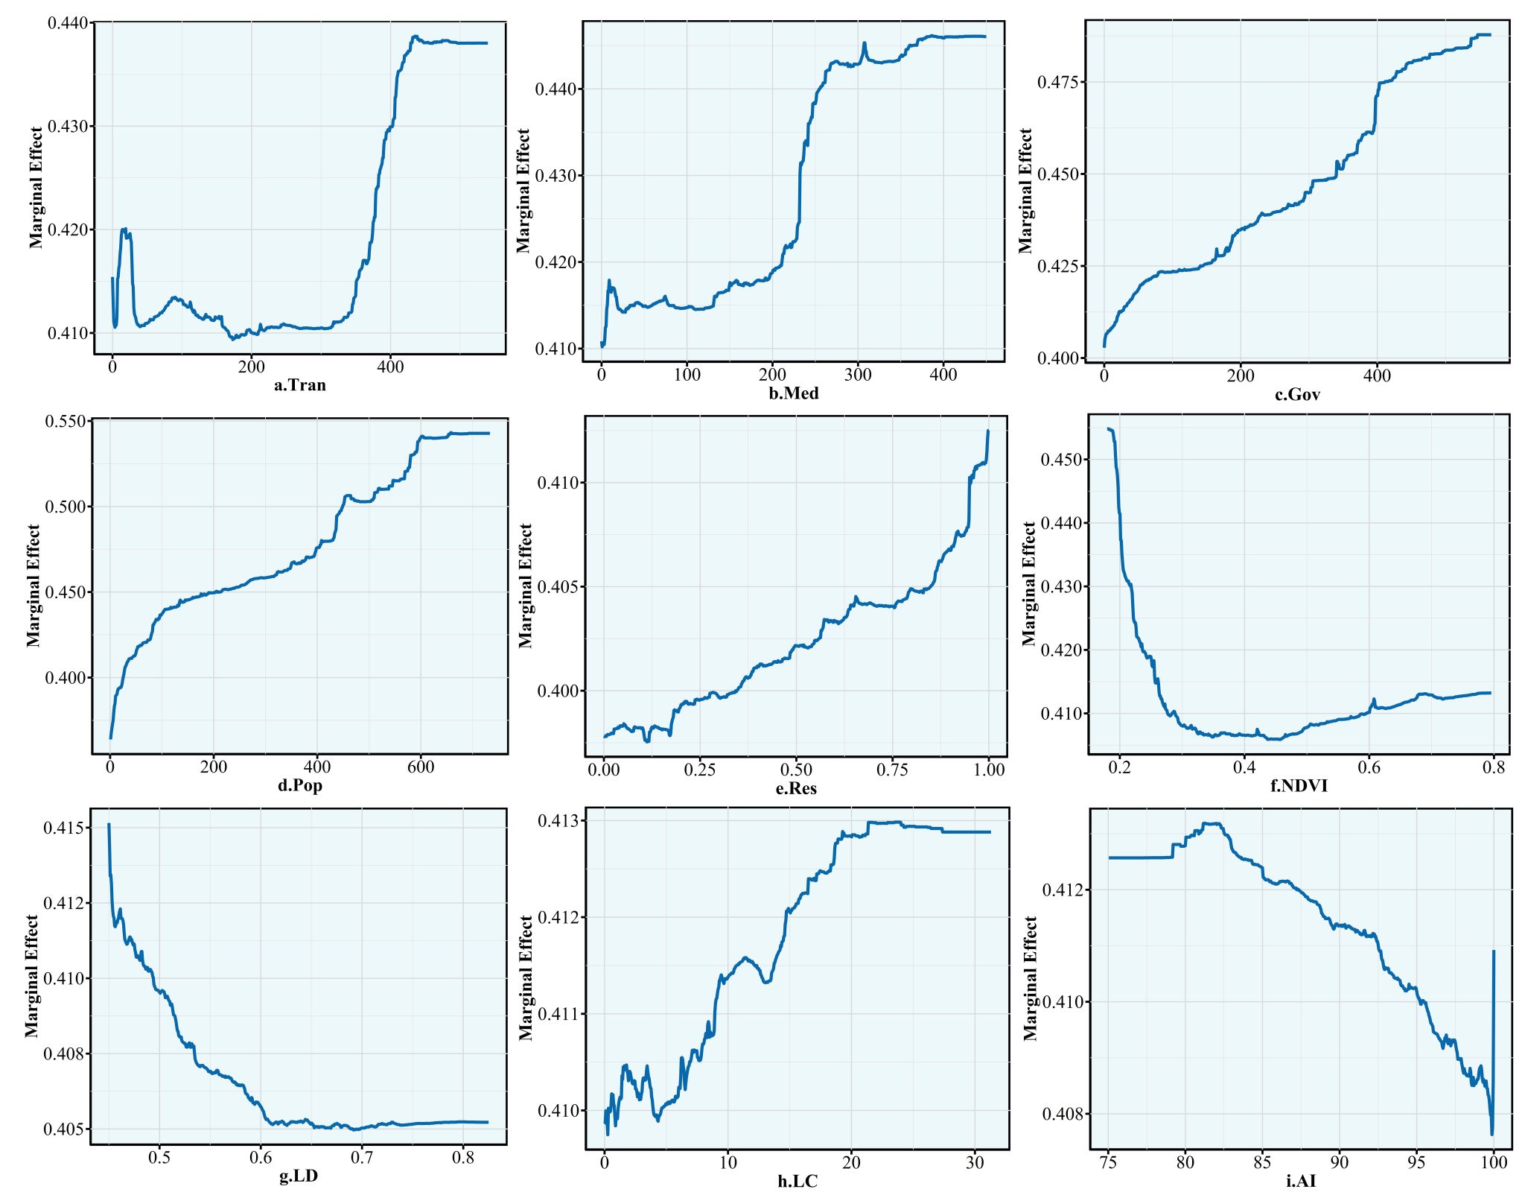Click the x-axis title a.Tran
[x=300, y=385]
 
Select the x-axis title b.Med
[x=794, y=393]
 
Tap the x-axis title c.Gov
[x=1297, y=395]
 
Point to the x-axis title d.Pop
[x=300, y=785]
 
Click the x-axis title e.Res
[x=796, y=788]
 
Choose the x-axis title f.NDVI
[x=1299, y=785]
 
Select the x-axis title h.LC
[x=797, y=1181]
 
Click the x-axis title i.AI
[x=1300, y=1181]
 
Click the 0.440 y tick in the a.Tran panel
[x=69, y=23]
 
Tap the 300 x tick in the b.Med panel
[x=858, y=375]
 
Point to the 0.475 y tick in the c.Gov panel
[x=1057, y=82]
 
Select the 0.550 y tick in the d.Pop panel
[x=66, y=422]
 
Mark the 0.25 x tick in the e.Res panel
[x=700, y=770]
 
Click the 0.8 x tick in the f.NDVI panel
[x=1494, y=767]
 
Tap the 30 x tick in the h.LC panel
[x=974, y=1162]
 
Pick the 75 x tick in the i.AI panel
[x=1109, y=1162]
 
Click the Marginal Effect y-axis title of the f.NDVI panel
[x=1029, y=583]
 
